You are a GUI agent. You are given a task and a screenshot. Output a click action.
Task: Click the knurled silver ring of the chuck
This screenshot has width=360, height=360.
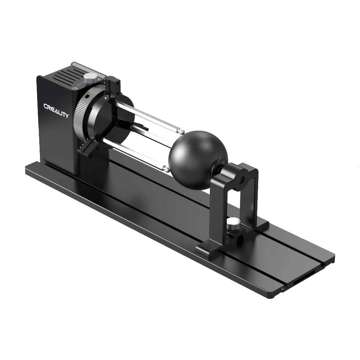[80, 115]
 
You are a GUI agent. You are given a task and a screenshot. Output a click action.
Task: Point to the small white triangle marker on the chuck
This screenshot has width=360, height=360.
[105, 97]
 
